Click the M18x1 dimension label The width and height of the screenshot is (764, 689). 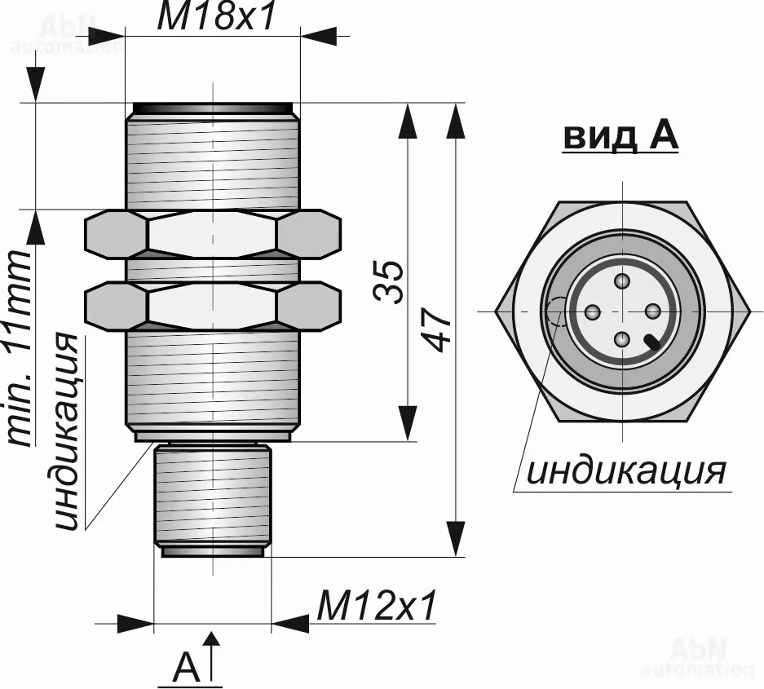coord(217,18)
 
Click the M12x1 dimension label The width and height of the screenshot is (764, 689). coord(377,606)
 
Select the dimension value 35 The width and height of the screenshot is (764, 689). coord(392,282)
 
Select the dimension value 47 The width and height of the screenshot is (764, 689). coord(439,330)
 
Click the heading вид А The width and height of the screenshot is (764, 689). coord(620,137)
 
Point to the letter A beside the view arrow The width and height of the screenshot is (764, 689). coord(187,669)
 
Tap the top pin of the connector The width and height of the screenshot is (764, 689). coord(623,282)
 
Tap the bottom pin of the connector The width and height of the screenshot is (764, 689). coord(623,339)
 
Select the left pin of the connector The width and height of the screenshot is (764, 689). coord(594,311)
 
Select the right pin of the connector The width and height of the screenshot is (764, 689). coord(652,311)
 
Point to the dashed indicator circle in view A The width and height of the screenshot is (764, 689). coord(557,312)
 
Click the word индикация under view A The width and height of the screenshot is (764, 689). coord(625,470)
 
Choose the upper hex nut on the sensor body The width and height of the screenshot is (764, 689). coord(213,235)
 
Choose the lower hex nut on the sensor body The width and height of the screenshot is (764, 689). coord(213,306)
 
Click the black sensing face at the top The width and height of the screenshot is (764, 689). coord(213,108)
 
